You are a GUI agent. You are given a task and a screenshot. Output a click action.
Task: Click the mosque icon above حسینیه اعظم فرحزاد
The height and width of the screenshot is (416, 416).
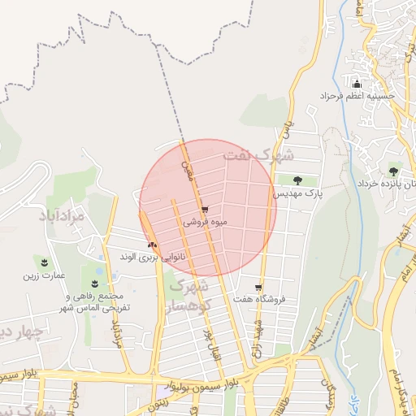click(x=356, y=84)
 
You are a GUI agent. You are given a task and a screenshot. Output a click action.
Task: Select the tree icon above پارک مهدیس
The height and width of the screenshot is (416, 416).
click(x=297, y=180)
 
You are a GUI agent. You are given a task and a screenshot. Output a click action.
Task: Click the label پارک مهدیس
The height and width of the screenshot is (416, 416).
click(x=297, y=195)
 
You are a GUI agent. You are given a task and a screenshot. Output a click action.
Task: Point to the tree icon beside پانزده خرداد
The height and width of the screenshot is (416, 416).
click(x=394, y=171)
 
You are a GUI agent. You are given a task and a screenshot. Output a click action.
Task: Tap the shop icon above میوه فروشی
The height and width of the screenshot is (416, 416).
click(x=204, y=209)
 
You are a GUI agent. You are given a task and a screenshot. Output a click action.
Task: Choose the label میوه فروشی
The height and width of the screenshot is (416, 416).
click(x=205, y=221)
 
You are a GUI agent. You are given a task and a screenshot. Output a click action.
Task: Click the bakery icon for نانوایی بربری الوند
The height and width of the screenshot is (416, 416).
click(x=151, y=244)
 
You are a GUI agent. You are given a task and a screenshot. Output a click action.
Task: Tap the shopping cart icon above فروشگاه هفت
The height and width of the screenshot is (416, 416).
click(x=258, y=288)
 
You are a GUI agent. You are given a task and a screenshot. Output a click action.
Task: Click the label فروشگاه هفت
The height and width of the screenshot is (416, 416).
click(x=260, y=300)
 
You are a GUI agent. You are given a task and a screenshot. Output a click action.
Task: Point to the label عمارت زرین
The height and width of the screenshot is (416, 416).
click(x=43, y=275)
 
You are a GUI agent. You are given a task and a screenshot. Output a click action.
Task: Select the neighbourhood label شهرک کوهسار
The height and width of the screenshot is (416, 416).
click(x=188, y=297)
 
